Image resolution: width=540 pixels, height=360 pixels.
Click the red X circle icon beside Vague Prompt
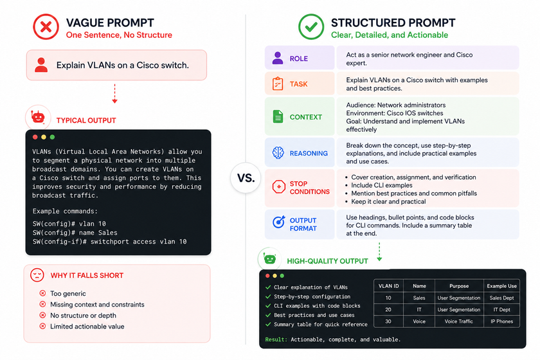(x=46, y=27)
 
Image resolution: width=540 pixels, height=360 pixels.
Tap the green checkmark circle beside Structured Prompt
(x=311, y=27)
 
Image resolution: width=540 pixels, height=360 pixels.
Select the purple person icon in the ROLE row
(x=278, y=59)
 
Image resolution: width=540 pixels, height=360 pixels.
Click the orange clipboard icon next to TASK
(x=278, y=84)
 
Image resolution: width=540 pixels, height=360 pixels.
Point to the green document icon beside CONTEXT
(x=278, y=117)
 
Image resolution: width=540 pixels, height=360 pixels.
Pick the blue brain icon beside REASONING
(x=278, y=152)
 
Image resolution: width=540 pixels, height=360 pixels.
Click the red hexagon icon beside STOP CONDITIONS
(x=278, y=186)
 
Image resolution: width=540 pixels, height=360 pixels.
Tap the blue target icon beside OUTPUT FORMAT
(x=278, y=222)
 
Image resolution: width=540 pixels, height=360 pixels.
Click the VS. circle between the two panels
(x=246, y=178)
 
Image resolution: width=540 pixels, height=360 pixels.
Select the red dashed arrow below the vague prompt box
(x=114, y=94)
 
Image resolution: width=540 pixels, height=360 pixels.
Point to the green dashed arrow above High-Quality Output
(x=379, y=252)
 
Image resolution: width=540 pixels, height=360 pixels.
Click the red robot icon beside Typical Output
(x=38, y=118)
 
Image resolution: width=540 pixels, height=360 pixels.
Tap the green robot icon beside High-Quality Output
(x=269, y=258)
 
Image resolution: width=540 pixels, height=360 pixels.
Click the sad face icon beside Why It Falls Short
(x=37, y=275)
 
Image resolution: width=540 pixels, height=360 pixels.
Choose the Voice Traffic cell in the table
(x=459, y=321)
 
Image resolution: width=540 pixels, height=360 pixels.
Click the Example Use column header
(x=501, y=286)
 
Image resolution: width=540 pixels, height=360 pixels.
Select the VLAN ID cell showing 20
(x=388, y=310)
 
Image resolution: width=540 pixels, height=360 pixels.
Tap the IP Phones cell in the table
(x=502, y=321)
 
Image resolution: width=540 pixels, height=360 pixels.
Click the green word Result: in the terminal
(x=276, y=339)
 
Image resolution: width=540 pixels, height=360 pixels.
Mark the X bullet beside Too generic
(x=42, y=293)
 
